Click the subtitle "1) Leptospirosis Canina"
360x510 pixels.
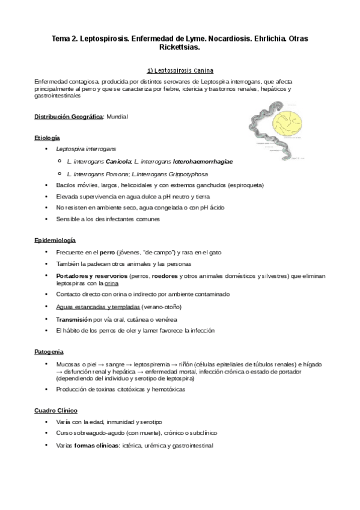(x=180, y=70)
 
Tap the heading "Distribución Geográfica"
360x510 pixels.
(x=69, y=116)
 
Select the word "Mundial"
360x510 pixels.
(x=117, y=116)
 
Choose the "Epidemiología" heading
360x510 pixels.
(x=54, y=240)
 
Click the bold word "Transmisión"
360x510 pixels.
(x=75, y=319)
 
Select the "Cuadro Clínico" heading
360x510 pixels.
(x=55, y=410)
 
